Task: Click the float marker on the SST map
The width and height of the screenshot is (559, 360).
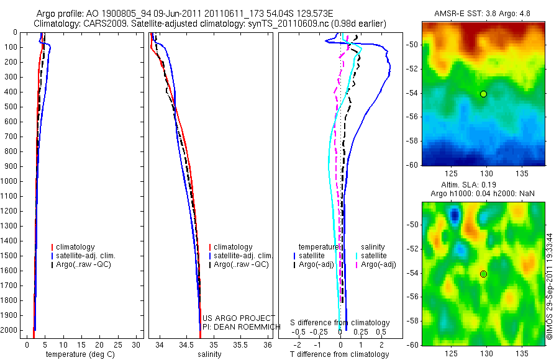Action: (x=483, y=94)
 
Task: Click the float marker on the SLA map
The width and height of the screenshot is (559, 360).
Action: (x=483, y=274)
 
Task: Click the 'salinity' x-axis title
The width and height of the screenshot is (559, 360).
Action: (x=209, y=354)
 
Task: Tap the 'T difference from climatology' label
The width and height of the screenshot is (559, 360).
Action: (x=339, y=354)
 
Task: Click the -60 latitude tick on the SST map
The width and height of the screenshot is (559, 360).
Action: (x=413, y=165)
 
